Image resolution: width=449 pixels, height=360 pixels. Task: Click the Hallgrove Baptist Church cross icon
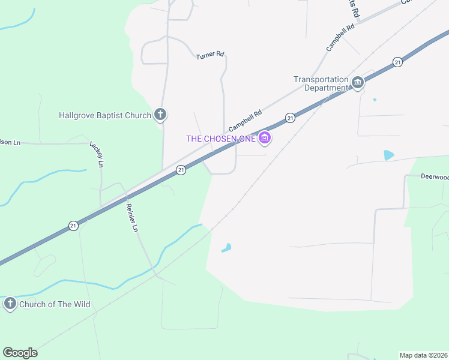(160, 114)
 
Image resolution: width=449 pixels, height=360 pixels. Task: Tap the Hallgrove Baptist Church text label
(105, 115)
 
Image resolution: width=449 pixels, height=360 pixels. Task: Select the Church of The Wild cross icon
(10, 304)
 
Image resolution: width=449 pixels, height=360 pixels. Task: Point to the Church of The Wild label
(55, 304)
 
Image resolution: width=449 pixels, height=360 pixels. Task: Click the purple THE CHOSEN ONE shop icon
(265, 139)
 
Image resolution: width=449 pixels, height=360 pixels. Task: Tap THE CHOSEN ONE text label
(221, 139)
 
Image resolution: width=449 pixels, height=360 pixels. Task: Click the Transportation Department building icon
(358, 82)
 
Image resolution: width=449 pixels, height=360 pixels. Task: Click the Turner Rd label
(210, 56)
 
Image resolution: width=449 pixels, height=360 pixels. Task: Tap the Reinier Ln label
(132, 217)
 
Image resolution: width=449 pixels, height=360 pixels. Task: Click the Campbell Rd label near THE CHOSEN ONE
(246, 121)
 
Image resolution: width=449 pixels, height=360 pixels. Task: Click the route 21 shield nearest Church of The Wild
(73, 226)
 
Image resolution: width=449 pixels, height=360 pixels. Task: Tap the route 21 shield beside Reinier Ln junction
(181, 170)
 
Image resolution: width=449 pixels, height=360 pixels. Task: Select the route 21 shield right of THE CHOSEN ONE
(290, 118)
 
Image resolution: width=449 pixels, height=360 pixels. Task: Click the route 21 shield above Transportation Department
(397, 62)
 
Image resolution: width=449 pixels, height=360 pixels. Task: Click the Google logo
(20, 353)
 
